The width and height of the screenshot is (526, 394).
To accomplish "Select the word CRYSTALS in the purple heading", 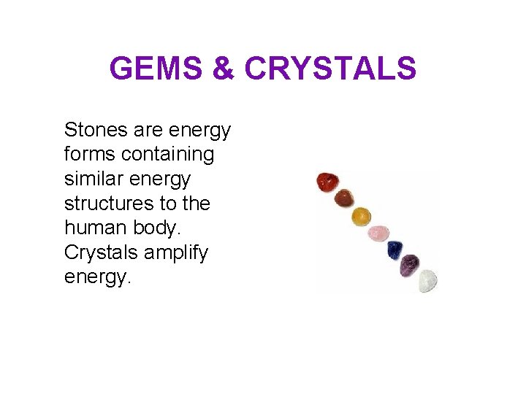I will [x=330, y=69].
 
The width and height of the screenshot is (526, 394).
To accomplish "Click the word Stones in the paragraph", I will [x=95, y=130].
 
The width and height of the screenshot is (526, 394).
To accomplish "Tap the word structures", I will [x=110, y=203].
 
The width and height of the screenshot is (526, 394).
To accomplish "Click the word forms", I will [x=90, y=154].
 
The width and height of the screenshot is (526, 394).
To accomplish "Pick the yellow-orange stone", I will [x=361, y=216].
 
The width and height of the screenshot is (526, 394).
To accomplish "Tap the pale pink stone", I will [x=378, y=233].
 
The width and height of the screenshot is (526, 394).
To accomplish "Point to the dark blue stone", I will [x=395, y=250].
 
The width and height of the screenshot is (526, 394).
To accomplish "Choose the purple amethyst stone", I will [x=411, y=263].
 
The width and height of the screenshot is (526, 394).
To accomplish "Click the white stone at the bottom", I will [x=427, y=280].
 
